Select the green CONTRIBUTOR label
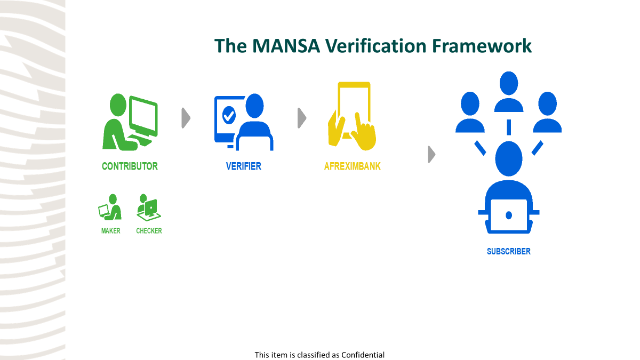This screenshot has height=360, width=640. coord(130,166)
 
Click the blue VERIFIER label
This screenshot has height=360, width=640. coord(243,166)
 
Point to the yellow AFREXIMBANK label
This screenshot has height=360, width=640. coord(353,166)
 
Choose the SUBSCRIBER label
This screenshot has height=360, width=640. coord(508,251)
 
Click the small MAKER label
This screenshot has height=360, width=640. coord(110,231)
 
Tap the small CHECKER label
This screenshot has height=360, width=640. coord(149,231)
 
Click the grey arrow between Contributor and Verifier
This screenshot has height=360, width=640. coord(186,118)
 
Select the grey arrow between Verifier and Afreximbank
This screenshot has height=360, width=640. coord(302,118)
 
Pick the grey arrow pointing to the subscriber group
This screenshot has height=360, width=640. coord(431,155)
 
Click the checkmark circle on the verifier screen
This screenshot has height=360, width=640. coord(229,115)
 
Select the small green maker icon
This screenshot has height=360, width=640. coord(110,207)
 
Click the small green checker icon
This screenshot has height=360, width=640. coord(149,207)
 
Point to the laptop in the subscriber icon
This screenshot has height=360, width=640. coord(508,215)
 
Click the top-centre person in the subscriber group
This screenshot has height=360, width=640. coord(508,92)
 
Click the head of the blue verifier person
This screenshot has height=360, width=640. coord(254,106)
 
